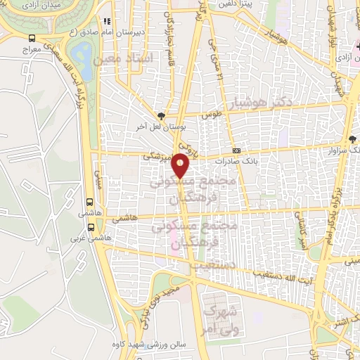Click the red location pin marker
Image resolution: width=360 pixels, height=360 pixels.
[x=181, y=165]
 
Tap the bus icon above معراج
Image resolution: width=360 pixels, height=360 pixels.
[x=31, y=39]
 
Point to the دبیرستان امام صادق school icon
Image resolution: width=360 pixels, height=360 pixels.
[x=106, y=22]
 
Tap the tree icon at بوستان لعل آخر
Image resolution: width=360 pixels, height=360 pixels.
[x=162, y=115]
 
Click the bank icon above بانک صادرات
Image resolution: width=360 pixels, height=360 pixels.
[x=236, y=150]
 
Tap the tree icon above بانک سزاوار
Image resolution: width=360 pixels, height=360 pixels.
[x=352, y=139]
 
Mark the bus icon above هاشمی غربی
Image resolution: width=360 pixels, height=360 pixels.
[x=91, y=227]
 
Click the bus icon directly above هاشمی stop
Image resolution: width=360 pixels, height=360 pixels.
[x=89, y=200]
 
